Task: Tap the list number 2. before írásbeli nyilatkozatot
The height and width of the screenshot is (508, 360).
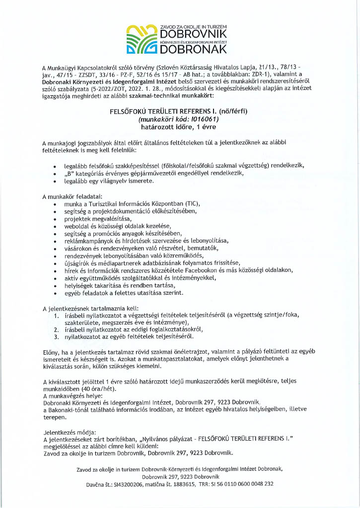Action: pyautogui.click(x=57, y=329)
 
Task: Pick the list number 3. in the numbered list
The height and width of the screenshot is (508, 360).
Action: pyautogui.click(x=57, y=337)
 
